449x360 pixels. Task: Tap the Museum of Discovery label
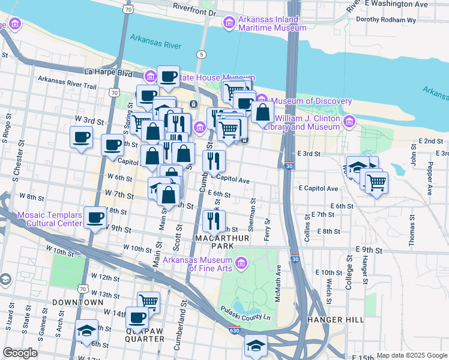point(311,100)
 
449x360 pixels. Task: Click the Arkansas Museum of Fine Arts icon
point(241,263)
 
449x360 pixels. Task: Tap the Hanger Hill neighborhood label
point(336,320)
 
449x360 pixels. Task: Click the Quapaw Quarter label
point(145,334)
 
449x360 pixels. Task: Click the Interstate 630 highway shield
point(234,331)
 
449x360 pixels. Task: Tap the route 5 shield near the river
point(200,55)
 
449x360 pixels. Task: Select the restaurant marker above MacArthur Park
point(214,221)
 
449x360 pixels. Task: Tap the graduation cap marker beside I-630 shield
point(256,346)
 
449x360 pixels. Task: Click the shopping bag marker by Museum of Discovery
point(262,112)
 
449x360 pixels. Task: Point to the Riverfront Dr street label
point(194,11)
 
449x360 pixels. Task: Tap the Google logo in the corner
point(20,353)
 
